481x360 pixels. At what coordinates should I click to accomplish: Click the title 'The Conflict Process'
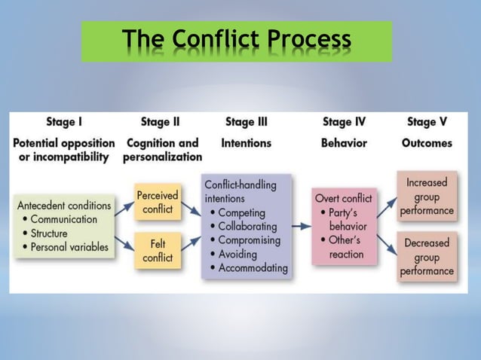[237, 40]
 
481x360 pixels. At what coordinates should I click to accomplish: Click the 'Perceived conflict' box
[158, 202]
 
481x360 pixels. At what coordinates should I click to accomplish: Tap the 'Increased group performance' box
[427, 197]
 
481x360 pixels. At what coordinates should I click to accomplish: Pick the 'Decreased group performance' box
[427, 257]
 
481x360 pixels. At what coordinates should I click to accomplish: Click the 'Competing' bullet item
[240, 213]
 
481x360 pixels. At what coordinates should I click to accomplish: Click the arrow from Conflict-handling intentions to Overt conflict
[301, 224]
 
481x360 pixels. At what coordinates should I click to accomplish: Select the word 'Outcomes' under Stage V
[427, 142]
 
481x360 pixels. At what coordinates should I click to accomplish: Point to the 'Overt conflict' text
[343, 199]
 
